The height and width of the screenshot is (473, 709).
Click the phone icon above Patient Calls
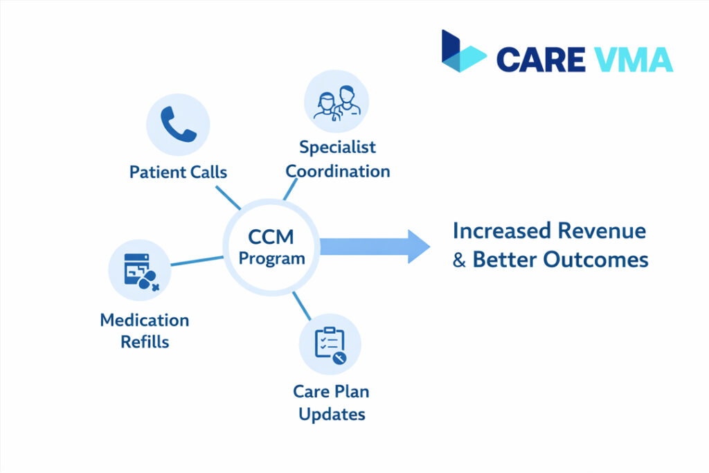(178, 125)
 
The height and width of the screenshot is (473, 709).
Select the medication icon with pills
(141, 270)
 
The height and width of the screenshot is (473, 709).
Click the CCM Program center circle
(271, 247)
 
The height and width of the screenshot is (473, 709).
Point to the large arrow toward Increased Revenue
(374, 247)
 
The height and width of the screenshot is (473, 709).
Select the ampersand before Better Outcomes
(460, 260)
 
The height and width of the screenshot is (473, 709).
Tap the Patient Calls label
(178, 171)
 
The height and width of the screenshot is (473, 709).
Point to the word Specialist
(337, 147)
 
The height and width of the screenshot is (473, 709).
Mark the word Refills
(144, 341)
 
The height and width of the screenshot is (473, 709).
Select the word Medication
(144, 320)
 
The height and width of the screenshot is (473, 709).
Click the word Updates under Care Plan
(330, 414)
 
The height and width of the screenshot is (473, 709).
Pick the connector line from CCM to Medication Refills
(197, 260)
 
